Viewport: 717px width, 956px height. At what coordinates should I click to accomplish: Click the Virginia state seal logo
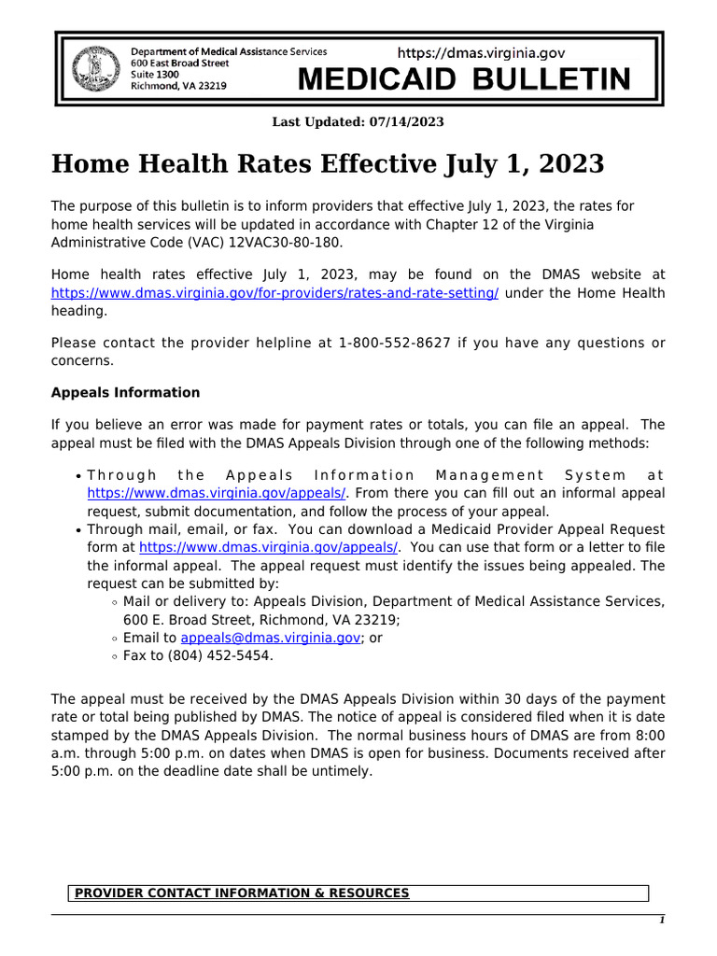click(x=93, y=68)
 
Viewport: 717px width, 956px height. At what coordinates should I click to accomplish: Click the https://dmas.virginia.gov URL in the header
click(x=481, y=54)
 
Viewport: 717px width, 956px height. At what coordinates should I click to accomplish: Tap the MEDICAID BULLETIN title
click(x=463, y=80)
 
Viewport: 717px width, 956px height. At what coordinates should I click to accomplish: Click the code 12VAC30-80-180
click(x=288, y=243)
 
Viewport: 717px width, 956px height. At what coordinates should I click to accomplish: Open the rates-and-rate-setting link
click(x=274, y=293)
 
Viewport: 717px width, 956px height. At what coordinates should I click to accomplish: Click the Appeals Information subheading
click(x=125, y=392)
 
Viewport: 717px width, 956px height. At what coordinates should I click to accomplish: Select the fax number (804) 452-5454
click(x=221, y=655)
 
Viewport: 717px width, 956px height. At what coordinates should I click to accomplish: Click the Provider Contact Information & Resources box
click(x=358, y=893)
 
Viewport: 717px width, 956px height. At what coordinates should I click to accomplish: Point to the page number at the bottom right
click(x=662, y=921)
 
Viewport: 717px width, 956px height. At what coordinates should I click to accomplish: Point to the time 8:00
click(x=648, y=736)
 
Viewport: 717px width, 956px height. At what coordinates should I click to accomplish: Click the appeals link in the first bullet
click(x=218, y=493)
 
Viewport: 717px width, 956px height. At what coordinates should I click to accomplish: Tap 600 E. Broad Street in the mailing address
click(x=182, y=620)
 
